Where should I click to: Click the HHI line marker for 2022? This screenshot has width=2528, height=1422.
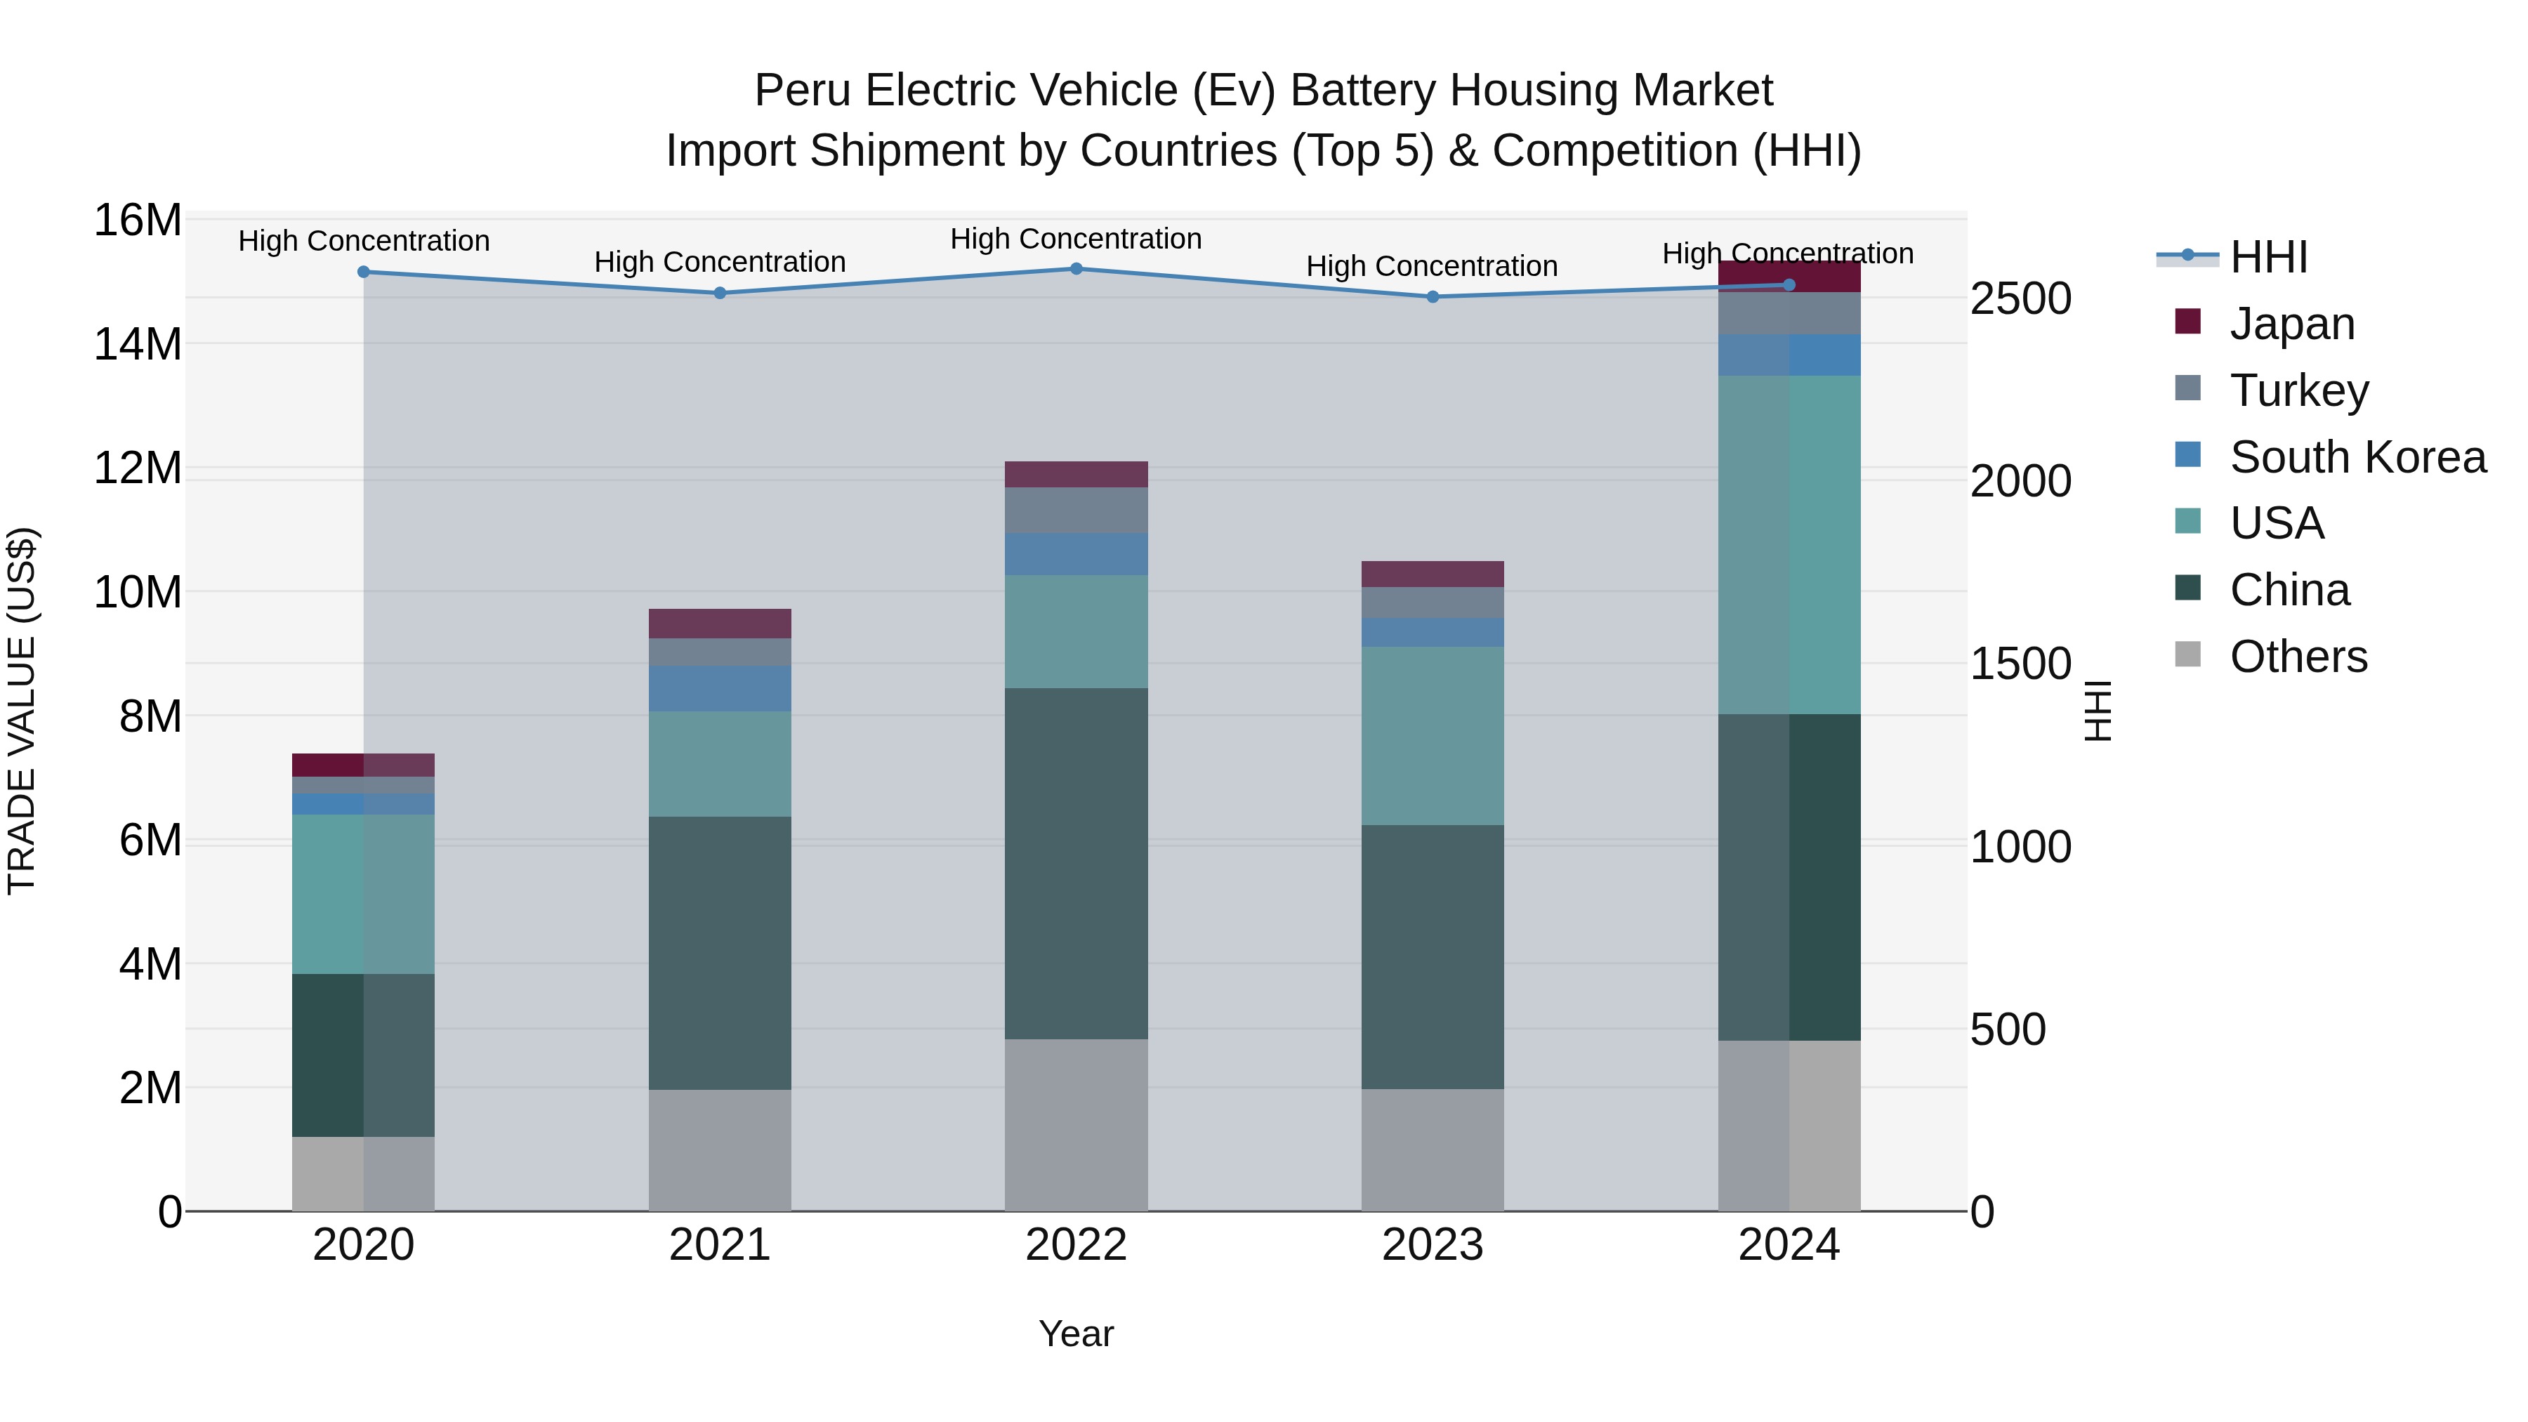coord(1076,269)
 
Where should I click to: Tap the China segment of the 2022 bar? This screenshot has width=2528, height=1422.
coord(1076,864)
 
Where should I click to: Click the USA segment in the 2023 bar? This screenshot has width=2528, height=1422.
coord(1432,736)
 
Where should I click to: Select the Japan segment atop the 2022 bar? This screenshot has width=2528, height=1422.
coord(1076,475)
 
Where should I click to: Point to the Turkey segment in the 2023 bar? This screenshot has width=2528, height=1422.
coord(1432,603)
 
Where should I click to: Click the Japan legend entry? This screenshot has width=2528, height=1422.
coord(2291,324)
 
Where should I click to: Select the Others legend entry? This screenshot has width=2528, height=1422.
coord(2296,657)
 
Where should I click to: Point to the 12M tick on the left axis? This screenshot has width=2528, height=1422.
coord(138,468)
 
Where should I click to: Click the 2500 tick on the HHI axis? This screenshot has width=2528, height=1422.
coord(2020,299)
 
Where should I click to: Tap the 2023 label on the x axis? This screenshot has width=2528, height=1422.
coord(1432,1245)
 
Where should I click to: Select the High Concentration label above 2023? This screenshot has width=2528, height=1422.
coord(1432,267)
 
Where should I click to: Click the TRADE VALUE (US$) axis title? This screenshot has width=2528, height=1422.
coord(22,711)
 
